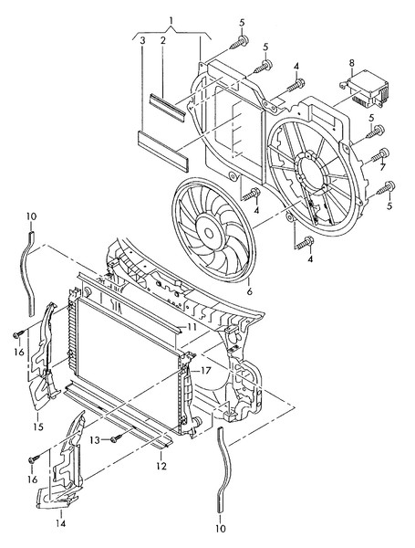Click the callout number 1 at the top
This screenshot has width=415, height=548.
click(x=171, y=21)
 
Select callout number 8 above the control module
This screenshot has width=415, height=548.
click(x=351, y=63)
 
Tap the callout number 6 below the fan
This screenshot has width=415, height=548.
click(x=249, y=290)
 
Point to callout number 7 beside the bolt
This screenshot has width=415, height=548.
click(x=382, y=167)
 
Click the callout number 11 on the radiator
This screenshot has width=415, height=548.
click(x=192, y=327)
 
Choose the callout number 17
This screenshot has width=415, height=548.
click(x=205, y=370)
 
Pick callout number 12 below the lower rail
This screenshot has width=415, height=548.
click(x=161, y=466)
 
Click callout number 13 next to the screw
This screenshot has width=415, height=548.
click(x=95, y=440)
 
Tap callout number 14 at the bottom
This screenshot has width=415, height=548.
click(x=61, y=523)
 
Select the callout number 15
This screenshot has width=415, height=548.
click(x=38, y=427)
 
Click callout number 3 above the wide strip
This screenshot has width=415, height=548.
click(x=142, y=41)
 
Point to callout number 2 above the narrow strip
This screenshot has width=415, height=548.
click(x=162, y=41)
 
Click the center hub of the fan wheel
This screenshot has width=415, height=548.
click(x=209, y=233)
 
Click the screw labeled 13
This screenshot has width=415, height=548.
click(x=116, y=438)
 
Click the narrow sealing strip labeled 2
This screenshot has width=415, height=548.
click(x=167, y=108)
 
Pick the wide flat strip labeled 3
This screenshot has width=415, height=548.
click(x=163, y=151)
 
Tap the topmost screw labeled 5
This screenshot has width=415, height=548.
click(x=240, y=42)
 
